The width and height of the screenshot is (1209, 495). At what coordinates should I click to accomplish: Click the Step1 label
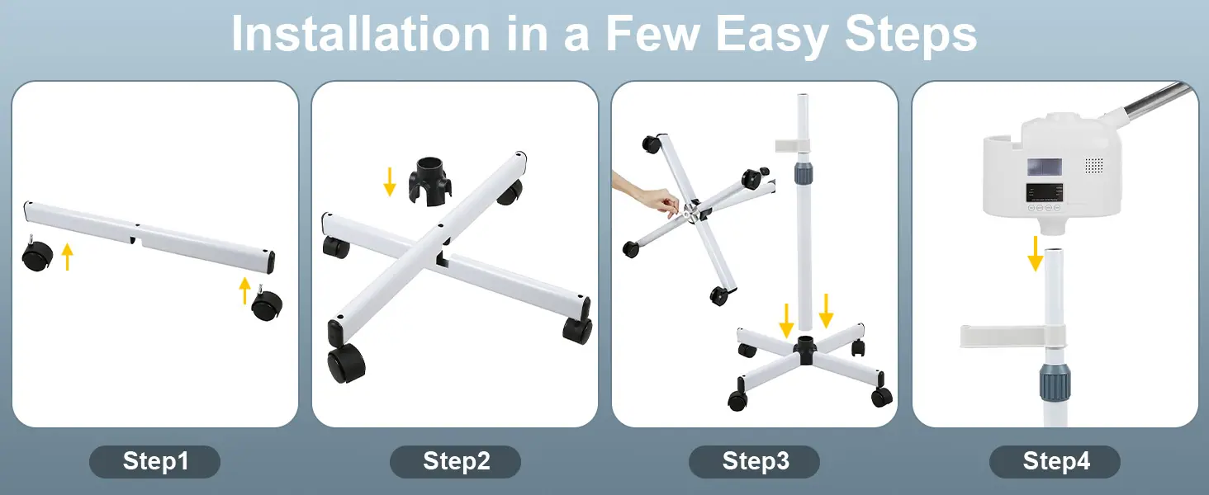(155, 461)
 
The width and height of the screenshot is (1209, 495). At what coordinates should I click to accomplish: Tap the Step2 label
(456, 461)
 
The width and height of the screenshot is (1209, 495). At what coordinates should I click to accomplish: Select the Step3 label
(755, 461)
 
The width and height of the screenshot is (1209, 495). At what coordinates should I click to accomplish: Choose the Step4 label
(1055, 461)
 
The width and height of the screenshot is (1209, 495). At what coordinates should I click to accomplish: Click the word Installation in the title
(361, 34)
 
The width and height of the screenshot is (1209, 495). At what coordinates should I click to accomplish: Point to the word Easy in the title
(772, 35)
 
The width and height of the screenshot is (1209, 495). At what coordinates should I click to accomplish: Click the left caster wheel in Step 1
(36, 254)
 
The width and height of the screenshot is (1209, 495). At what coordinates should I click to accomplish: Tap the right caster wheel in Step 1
(266, 304)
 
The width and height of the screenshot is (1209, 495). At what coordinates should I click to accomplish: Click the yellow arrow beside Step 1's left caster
(68, 257)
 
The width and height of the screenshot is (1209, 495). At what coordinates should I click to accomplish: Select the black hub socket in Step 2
(429, 181)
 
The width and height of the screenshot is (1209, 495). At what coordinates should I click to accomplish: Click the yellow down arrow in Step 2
(390, 181)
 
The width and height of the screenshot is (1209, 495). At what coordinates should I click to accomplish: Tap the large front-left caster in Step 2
(345, 363)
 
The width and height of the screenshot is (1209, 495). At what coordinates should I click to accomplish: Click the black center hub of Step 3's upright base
(804, 350)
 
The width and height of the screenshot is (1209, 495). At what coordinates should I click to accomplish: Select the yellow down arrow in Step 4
(1036, 253)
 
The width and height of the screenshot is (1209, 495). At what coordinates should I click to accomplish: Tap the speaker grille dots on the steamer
(1093, 166)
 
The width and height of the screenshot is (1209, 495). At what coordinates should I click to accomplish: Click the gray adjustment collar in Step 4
(1055, 382)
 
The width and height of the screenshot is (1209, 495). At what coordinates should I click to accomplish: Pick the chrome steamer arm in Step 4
(1160, 99)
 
